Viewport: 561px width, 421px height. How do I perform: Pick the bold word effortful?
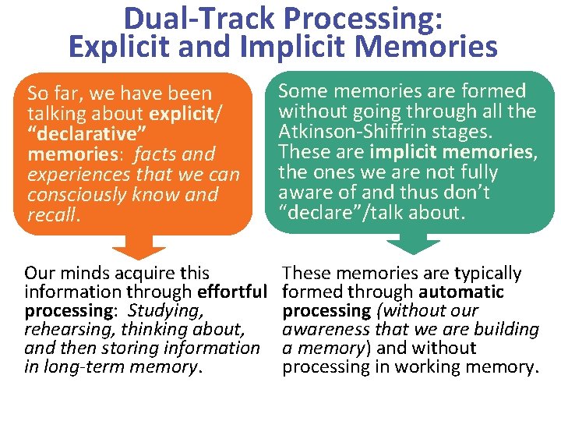click(233, 292)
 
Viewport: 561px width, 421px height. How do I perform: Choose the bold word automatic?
click(461, 292)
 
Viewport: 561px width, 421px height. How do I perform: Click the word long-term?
click(79, 367)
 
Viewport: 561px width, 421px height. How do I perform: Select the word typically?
click(484, 274)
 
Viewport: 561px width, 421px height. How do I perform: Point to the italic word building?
click(506, 330)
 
